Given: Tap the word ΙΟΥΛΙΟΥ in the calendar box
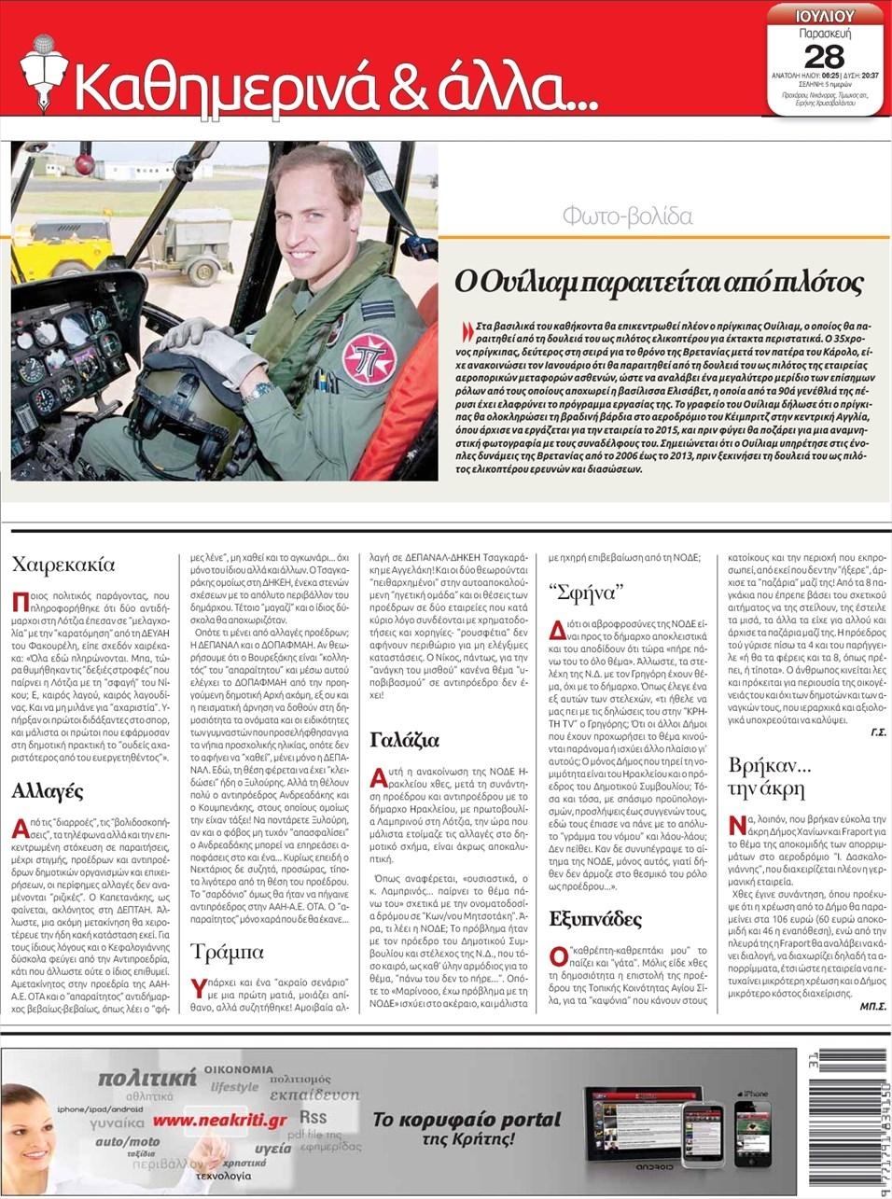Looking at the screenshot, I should coord(825,15).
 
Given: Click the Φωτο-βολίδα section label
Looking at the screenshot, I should coord(627,216).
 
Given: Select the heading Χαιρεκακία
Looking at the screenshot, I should coord(63,564).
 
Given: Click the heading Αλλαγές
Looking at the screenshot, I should coord(48,791).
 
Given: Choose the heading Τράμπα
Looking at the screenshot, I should coord(228,952).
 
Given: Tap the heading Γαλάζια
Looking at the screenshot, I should coord(405,740).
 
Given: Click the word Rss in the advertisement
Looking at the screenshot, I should coord(313,1118).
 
